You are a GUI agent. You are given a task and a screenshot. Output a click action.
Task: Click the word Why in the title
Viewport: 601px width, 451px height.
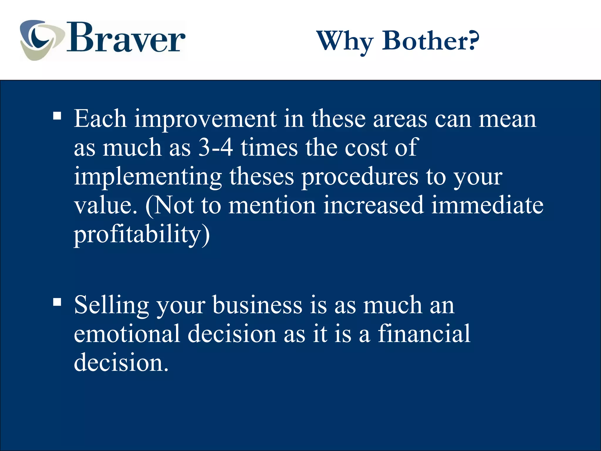(x=345, y=41)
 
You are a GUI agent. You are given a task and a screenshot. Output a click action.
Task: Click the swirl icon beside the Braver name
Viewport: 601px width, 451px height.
(x=41, y=40)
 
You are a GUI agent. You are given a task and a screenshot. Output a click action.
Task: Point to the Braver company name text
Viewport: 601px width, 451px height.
(x=126, y=38)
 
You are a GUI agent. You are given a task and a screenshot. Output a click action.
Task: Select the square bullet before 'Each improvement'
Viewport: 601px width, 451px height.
(x=57, y=116)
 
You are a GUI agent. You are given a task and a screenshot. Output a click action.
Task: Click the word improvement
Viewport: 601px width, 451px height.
(x=205, y=119)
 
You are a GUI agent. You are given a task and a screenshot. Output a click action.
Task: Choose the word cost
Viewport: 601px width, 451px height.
(x=366, y=147)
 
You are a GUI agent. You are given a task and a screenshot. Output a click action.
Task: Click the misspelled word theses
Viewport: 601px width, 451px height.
(x=261, y=176)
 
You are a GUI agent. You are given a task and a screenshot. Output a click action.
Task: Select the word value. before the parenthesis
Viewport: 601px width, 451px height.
(x=106, y=205)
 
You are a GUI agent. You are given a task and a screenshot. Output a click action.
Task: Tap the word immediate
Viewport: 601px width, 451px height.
(x=487, y=205)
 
